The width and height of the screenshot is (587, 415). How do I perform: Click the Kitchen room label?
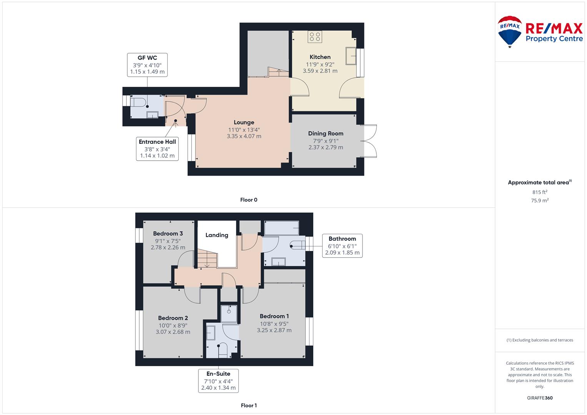(320, 57)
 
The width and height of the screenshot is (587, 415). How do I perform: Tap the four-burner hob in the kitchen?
(315, 37)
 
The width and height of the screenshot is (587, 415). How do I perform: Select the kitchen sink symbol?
(351, 56)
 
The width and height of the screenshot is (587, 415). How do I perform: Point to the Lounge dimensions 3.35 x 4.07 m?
(244, 136)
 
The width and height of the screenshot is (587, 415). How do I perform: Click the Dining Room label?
(326, 133)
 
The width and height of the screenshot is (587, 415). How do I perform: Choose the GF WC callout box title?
(147, 58)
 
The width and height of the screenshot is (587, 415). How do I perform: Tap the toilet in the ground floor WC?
(138, 102)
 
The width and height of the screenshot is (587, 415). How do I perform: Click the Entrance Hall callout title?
(157, 142)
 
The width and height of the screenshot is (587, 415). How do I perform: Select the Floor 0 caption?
(249, 200)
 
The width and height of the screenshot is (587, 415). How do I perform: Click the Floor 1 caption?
(249, 405)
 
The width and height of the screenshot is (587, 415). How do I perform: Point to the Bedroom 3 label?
(168, 234)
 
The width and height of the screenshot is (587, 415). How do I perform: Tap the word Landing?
(217, 235)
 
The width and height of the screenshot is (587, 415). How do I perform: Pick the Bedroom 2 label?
(173, 318)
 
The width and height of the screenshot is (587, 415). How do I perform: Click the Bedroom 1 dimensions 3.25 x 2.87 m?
(274, 330)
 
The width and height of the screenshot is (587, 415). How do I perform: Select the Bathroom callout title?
(342, 239)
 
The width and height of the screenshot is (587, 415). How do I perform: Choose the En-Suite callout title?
(218, 373)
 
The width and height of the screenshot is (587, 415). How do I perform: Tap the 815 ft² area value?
(540, 192)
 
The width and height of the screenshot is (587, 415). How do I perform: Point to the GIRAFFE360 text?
(540, 398)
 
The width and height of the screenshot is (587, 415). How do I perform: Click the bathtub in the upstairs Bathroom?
(281, 228)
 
